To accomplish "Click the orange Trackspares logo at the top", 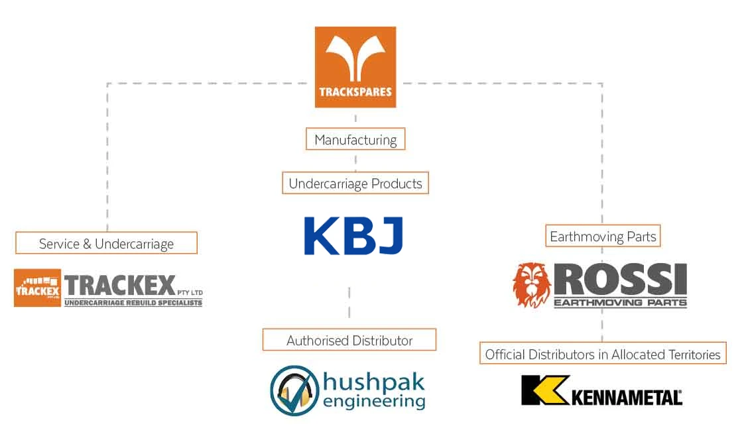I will pyautogui.click(x=355, y=66).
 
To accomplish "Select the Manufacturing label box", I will pyautogui.click(x=355, y=139).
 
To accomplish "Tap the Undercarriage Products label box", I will pyautogui.click(x=355, y=183).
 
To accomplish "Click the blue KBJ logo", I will pyautogui.click(x=353, y=236).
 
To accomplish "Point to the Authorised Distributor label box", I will pyautogui.click(x=349, y=340).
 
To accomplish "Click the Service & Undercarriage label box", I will pyautogui.click(x=106, y=243).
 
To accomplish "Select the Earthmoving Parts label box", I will pyautogui.click(x=603, y=236).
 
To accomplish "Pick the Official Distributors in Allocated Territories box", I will pyautogui.click(x=602, y=354).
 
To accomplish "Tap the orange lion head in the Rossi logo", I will pyautogui.click(x=531, y=285).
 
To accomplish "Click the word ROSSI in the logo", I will pyautogui.click(x=620, y=280).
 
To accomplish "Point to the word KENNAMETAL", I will pyautogui.click(x=626, y=398).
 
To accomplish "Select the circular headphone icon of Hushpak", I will pyautogui.click(x=294, y=390).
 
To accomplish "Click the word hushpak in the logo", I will pyautogui.click(x=373, y=382).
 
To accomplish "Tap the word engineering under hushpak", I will pyautogui.click(x=373, y=401).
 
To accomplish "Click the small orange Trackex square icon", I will pyautogui.click(x=37, y=288).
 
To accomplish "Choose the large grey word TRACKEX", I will pyautogui.click(x=121, y=286).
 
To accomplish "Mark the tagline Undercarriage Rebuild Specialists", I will pyautogui.click(x=133, y=303).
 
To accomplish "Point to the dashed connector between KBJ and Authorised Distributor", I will pyautogui.click(x=349, y=302).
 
